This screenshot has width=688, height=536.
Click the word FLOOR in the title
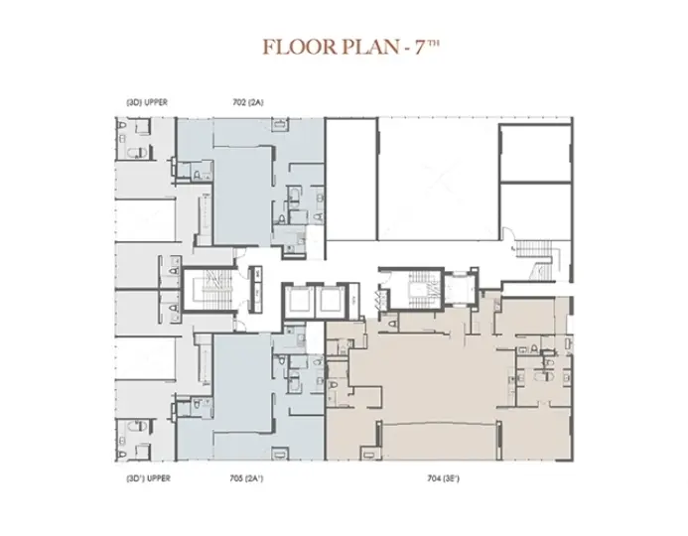(x=300, y=47)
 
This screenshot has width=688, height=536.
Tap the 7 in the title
(x=421, y=47)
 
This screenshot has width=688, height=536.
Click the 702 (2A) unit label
(x=248, y=102)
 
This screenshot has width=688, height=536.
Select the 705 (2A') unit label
(x=246, y=478)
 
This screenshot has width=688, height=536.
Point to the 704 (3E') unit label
(x=443, y=478)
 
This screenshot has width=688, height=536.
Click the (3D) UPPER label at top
(x=147, y=102)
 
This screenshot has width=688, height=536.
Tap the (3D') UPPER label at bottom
(x=148, y=478)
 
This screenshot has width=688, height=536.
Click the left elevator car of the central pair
(x=299, y=302)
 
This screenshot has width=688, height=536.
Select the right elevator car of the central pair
(x=332, y=302)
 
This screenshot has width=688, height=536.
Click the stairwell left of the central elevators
(x=208, y=290)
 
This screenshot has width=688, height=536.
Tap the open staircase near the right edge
(x=536, y=260)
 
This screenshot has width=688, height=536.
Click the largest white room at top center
(x=439, y=179)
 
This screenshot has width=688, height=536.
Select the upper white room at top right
(x=535, y=153)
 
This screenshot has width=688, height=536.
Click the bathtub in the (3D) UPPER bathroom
(x=136, y=153)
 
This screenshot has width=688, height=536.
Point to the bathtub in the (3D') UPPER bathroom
(x=136, y=426)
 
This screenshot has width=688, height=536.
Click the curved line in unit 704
(x=439, y=423)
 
